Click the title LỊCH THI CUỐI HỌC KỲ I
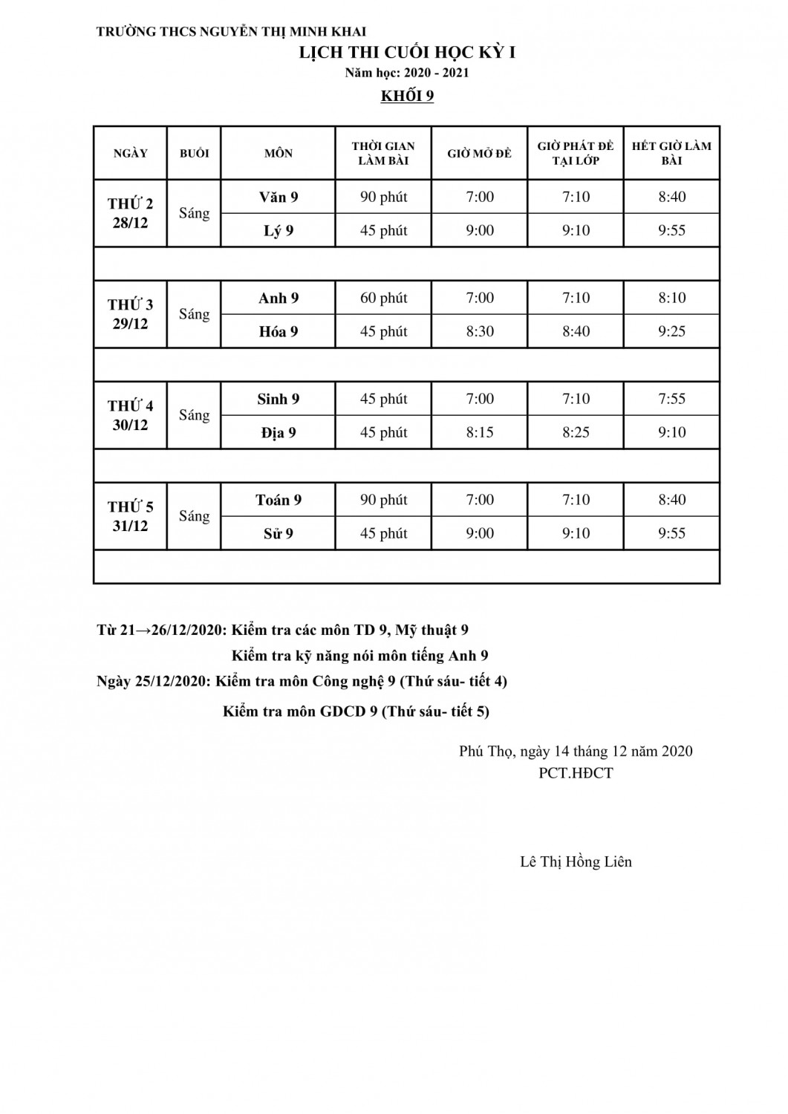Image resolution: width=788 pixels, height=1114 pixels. (407, 53)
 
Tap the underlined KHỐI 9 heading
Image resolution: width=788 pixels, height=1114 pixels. (407, 97)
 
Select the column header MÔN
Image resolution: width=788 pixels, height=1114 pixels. (279, 153)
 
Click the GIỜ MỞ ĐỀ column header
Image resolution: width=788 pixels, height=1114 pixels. (479, 153)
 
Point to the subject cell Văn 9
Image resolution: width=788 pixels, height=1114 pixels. (279, 197)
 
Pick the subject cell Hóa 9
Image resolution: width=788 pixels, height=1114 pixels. (279, 331)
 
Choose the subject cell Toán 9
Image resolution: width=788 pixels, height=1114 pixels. (279, 500)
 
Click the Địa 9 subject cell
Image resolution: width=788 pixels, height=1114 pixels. (279, 432)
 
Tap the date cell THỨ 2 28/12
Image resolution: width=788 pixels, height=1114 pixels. (131, 213)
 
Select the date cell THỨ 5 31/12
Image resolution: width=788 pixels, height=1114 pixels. (131, 516)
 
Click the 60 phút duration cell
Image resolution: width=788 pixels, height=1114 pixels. (383, 298)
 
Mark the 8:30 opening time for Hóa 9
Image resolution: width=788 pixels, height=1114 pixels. (480, 331)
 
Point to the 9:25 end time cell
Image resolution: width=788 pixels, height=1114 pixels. (671, 331)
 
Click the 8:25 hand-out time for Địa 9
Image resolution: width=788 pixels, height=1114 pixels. (576, 432)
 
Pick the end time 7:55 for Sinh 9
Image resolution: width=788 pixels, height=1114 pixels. (671, 399)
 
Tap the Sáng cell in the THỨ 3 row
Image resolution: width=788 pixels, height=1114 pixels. (194, 314)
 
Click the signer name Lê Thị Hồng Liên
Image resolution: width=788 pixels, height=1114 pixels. (576, 861)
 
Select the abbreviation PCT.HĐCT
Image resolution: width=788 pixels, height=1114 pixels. (576, 773)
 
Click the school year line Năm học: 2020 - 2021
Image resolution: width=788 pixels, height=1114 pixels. (407, 73)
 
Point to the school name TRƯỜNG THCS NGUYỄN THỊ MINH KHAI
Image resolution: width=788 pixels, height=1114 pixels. (231, 32)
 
